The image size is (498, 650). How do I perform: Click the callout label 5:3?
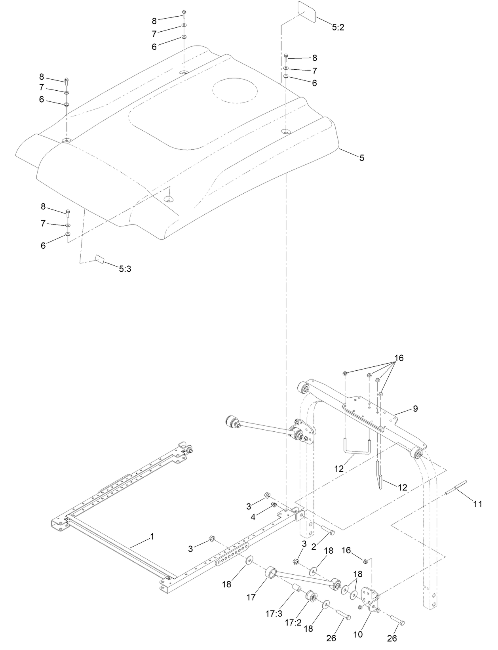[125, 269]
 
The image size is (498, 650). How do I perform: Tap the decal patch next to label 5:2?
[306, 12]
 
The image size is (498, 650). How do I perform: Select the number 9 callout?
[415, 409]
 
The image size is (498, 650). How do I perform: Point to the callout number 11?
[477, 503]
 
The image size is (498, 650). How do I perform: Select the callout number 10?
[357, 634]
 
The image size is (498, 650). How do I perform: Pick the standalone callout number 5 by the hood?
[361, 158]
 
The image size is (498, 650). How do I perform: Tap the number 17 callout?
[251, 597]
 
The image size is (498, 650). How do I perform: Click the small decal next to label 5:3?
[99, 259]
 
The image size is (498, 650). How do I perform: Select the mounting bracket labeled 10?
[371, 597]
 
